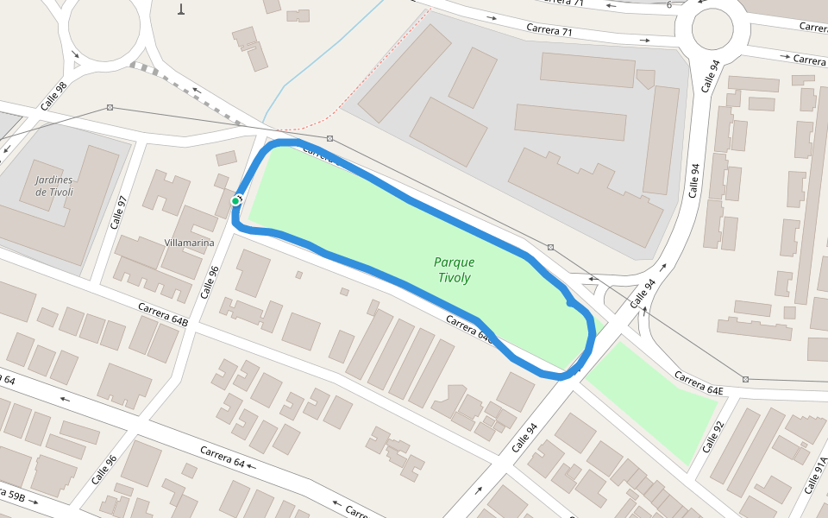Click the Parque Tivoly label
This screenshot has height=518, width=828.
(x=454, y=269)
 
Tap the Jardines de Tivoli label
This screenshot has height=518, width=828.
(x=53, y=186)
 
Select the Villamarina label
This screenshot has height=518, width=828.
(x=189, y=243)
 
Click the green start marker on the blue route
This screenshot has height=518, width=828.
(x=235, y=201)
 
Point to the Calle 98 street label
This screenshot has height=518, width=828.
(x=53, y=96)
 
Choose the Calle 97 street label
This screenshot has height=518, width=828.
(x=118, y=212)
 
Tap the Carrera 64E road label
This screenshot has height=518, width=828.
(x=699, y=384)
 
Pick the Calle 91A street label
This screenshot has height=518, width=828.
(x=815, y=475)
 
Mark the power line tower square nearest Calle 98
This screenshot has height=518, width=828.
(x=110, y=107)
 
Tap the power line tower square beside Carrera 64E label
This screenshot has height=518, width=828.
(x=745, y=379)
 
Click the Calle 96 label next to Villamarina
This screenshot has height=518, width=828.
(x=210, y=281)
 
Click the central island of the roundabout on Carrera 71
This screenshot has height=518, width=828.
(x=712, y=30)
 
